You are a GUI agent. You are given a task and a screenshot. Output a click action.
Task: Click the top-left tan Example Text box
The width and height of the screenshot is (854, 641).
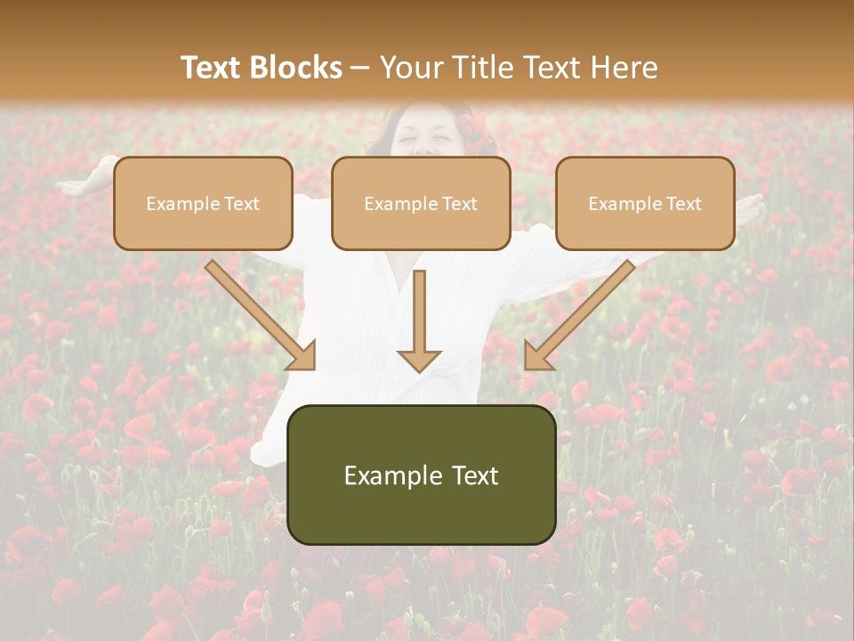(203, 203)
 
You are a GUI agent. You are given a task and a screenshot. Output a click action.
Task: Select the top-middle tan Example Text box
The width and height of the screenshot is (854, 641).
(421, 203)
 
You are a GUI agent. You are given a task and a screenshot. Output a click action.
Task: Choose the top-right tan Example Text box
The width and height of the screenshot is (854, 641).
(645, 203)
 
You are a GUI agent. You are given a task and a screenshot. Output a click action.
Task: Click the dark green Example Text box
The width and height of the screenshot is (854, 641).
(421, 475)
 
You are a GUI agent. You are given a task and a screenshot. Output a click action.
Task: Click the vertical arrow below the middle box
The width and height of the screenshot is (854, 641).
(419, 320)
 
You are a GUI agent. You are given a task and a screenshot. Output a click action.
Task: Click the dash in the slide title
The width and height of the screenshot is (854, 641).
(360, 69)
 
